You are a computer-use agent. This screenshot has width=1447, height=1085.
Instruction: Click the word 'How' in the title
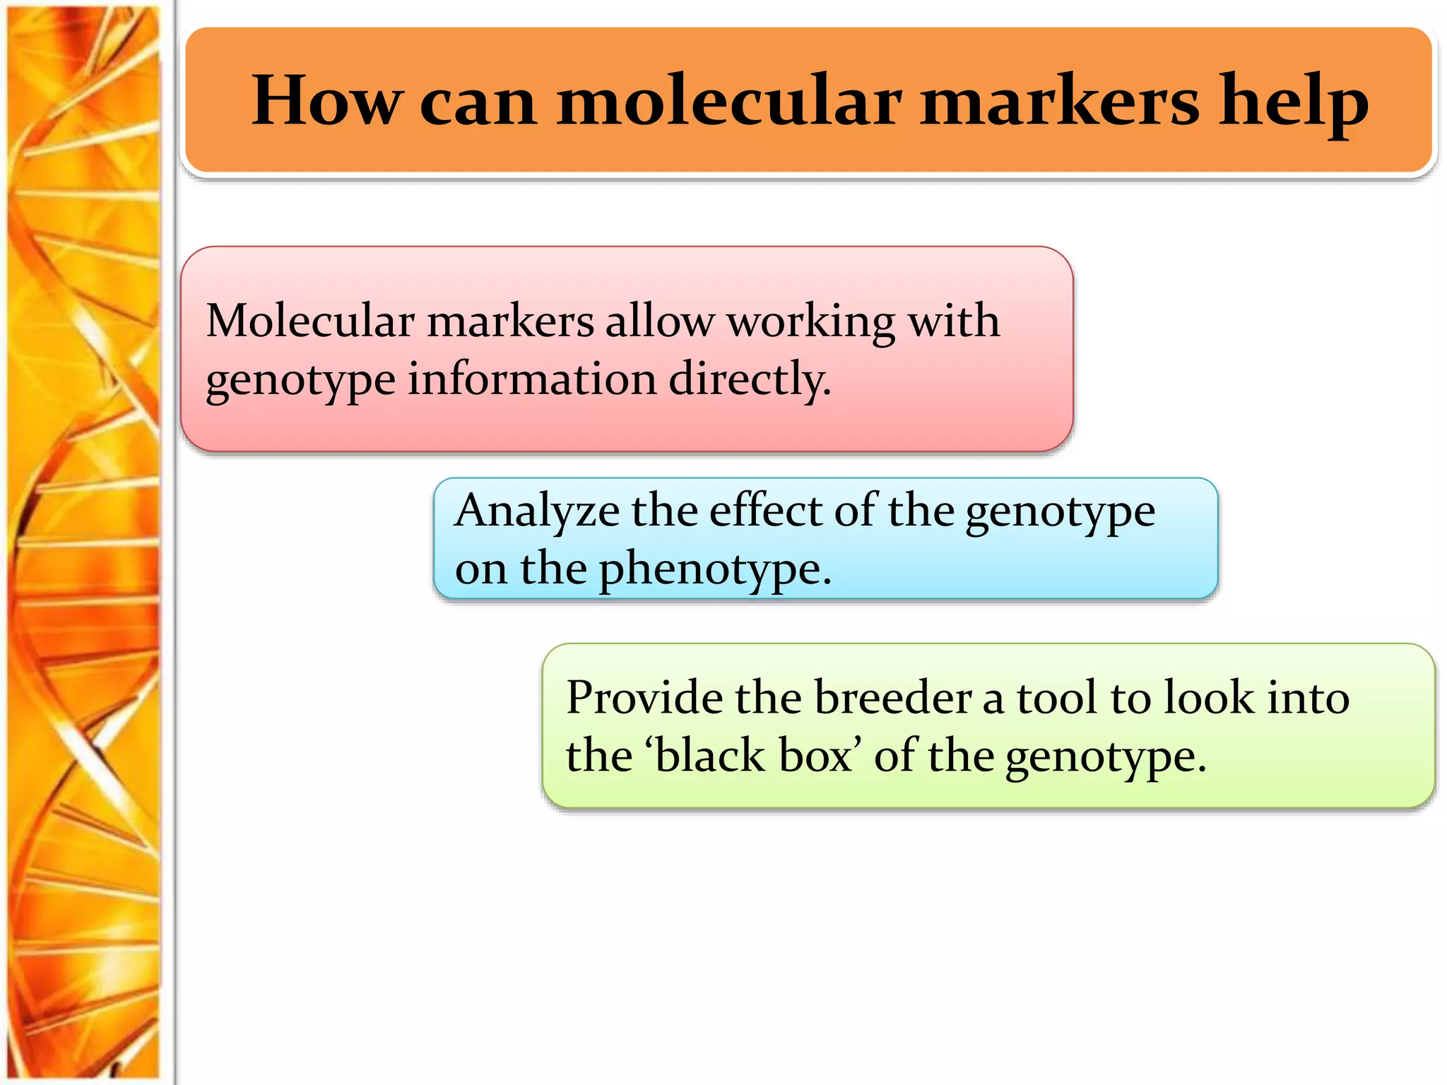click(326, 100)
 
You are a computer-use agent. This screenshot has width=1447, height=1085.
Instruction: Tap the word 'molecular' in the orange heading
click(729, 100)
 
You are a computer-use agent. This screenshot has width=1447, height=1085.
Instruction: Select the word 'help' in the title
click(1294, 100)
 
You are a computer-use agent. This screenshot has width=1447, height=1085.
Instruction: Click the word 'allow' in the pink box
click(660, 321)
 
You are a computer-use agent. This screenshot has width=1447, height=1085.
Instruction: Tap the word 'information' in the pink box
click(532, 379)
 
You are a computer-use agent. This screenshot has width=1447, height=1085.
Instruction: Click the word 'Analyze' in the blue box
click(537, 511)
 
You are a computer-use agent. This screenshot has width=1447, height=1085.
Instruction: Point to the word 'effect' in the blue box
click(766, 510)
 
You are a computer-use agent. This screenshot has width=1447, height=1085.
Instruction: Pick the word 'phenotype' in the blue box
click(714, 569)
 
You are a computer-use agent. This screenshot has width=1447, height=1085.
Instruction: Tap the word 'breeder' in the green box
click(893, 698)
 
